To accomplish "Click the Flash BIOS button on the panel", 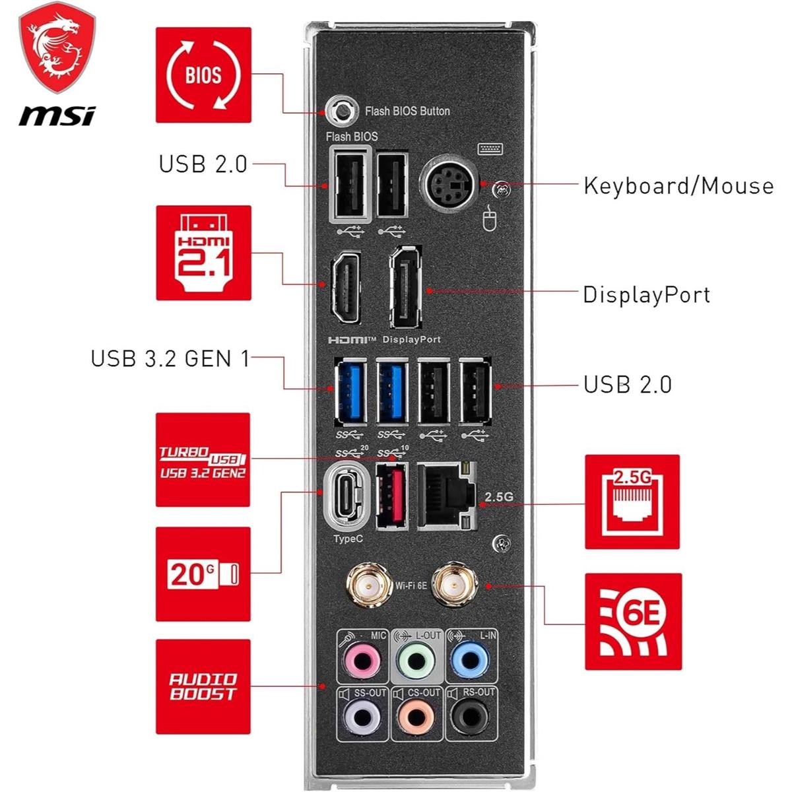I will (x=341, y=110).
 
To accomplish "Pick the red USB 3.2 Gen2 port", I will (x=391, y=494).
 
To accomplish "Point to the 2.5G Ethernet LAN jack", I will (x=447, y=495).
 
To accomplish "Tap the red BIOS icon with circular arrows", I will (x=203, y=75).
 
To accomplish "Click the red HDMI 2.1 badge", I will (x=203, y=252).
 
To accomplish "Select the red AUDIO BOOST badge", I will (x=203, y=686).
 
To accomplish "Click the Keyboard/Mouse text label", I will (x=678, y=186).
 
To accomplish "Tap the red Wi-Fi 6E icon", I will (x=633, y=622).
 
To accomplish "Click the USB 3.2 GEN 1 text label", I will (x=170, y=359).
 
